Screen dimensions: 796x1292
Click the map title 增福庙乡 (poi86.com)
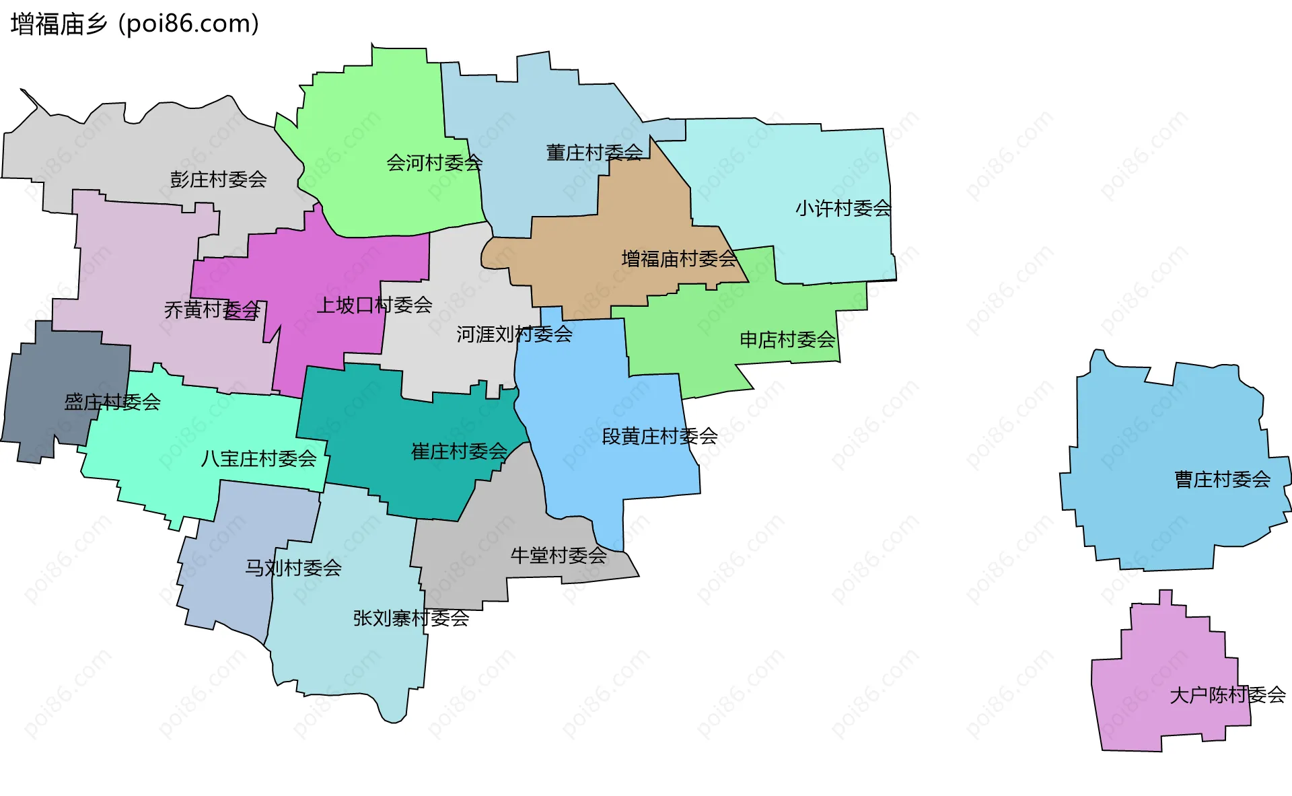(135, 24)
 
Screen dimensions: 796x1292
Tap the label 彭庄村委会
(218, 180)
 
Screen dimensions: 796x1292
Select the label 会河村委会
(434, 163)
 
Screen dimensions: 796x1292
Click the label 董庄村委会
(594, 153)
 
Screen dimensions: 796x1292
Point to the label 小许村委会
(843, 209)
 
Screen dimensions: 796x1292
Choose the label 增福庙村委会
(679, 259)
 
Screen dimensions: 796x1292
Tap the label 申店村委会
(787, 340)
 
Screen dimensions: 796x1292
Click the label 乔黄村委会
(212, 310)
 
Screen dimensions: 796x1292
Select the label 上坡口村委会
(374, 305)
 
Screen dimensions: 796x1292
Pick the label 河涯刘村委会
(514, 334)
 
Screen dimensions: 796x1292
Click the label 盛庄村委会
(112, 402)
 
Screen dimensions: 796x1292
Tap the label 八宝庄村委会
(258, 459)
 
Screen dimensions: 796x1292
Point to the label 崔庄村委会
(459, 451)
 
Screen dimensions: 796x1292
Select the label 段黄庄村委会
(659, 437)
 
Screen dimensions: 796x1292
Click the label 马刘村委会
(293, 568)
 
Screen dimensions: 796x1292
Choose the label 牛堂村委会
(559, 556)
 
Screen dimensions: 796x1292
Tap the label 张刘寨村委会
(410, 618)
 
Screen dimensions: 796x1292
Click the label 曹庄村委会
(1222, 480)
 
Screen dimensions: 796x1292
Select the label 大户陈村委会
(1227, 695)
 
